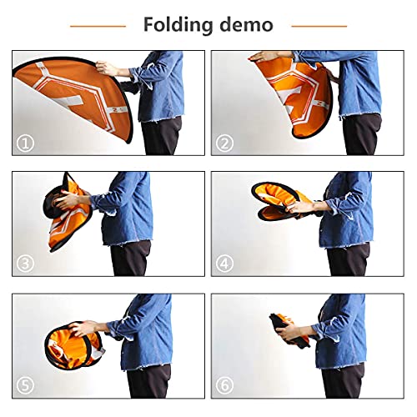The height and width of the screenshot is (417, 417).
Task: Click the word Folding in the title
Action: tap(178, 26)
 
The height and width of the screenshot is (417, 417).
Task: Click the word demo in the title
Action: tap(246, 25)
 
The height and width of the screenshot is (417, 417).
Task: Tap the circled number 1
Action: tap(25, 143)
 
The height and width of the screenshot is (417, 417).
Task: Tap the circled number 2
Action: tap(224, 143)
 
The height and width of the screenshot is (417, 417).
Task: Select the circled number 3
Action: tap(25, 264)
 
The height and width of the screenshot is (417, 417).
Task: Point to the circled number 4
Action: tap(224, 264)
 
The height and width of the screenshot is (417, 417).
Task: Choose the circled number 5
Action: tap(25, 385)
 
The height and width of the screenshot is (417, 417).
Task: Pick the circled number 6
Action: tap(224, 385)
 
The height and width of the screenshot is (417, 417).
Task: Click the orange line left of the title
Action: tap(98, 26)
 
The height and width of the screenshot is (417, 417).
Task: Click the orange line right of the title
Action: tap(319, 26)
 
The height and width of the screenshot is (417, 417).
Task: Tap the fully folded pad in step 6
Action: tap(289, 329)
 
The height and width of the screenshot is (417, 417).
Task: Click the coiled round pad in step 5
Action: tap(73, 346)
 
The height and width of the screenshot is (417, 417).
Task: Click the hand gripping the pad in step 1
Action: tap(107, 68)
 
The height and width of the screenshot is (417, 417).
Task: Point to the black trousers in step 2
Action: tap(362, 134)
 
